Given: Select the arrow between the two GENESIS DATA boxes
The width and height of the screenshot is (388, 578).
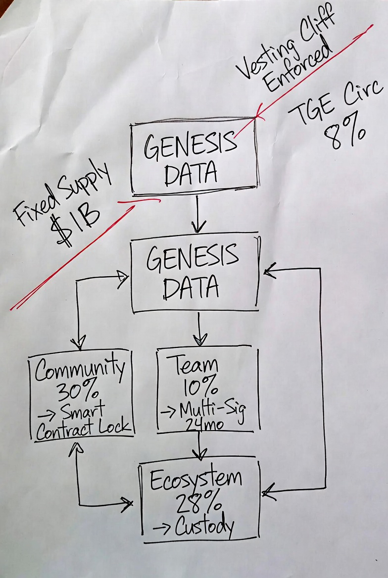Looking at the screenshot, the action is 198,214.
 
